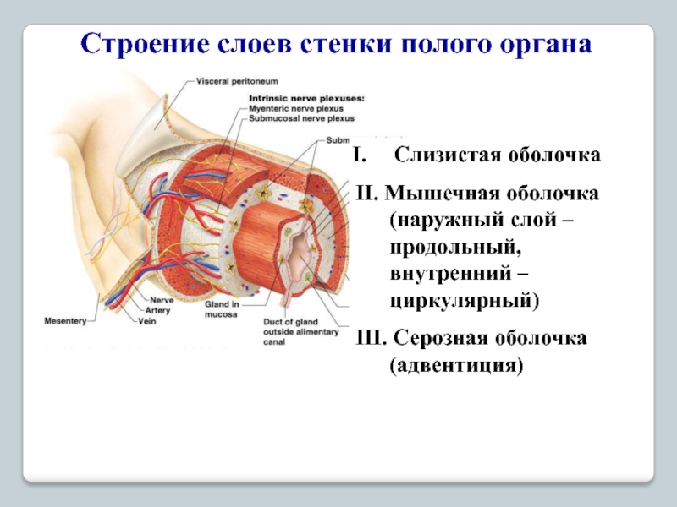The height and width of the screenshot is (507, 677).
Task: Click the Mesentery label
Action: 65,321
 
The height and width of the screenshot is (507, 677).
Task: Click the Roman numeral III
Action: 370,339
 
